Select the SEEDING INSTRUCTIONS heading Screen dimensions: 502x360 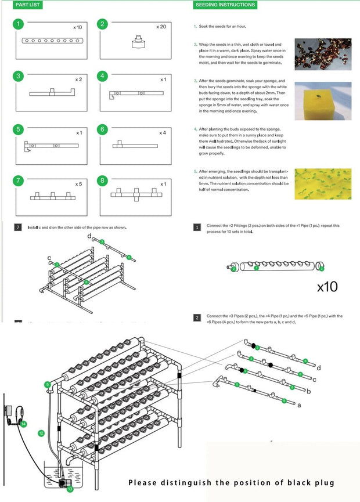tap(225, 5)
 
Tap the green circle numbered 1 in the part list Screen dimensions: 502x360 tap(19, 24)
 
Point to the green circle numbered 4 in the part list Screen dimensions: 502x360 tap(103, 76)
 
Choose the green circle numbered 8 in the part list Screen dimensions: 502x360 tap(103, 180)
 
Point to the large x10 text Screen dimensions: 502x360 tap(327, 287)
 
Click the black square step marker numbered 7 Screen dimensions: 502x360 tap(18, 227)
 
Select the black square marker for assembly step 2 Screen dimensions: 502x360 tap(197, 318)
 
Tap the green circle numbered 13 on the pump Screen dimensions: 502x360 tap(70, 489)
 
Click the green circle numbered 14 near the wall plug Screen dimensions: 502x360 tap(24, 424)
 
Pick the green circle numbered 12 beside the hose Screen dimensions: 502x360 tap(41, 432)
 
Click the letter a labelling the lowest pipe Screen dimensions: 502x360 tap(299, 406)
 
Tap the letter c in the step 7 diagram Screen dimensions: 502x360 tap(49, 258)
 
